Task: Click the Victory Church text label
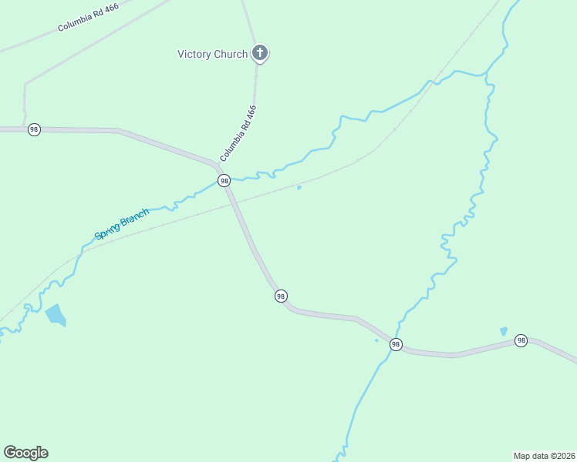pyautogui.click(x=212, y=54)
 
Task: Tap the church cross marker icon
pyautogui.click(x=261, y=53)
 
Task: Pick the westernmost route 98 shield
pyautogui.click(x=34, y=129)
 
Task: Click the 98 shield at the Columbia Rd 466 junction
pyautogui.click(x=224, y=180)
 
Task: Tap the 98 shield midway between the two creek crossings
pyautogui.click(x=281, y=296)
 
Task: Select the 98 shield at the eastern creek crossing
pyautogui.click(x=396, y=344)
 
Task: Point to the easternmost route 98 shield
pyautogui.click(x=521, y=340)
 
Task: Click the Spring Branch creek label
pyautogui.click(x=121, y=223)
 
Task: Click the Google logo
pyautogui.click(x=25, y=453)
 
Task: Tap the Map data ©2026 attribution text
pyautogui.click(x=544, y=455)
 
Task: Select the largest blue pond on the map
pyautogui.click(x=56, y=314)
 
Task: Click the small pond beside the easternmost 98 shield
pyautogui.click(x=504, y=331)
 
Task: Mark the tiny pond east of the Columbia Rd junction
pyautogui.click(x=299, y=187)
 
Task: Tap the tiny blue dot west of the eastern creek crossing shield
pyautogui.click(x=376, y=340)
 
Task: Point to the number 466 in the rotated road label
pyautogui.click(x=250, y=115)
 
